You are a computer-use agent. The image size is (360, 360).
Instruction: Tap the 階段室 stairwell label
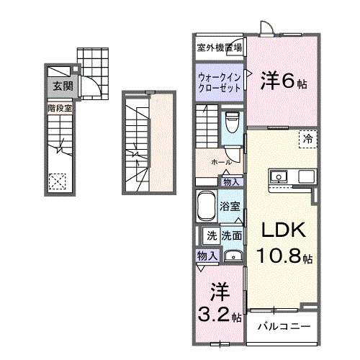click(60, 109)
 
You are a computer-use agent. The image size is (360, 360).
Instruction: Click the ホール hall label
click(222, 163)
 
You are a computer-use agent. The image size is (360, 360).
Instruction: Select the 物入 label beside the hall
click(231, 182)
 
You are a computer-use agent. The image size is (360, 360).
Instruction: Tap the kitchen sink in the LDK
click(279, 176)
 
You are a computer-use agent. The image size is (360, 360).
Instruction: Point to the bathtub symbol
click(206, 207)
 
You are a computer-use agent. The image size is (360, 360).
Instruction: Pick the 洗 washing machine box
click(212, 235)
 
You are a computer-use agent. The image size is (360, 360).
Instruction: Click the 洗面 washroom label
click(231, 235)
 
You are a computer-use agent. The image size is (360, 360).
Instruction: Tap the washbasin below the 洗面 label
click(233, 256)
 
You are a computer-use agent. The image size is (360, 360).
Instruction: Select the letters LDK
click(283, 230)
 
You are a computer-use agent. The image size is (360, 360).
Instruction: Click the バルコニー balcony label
click(285, 326)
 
